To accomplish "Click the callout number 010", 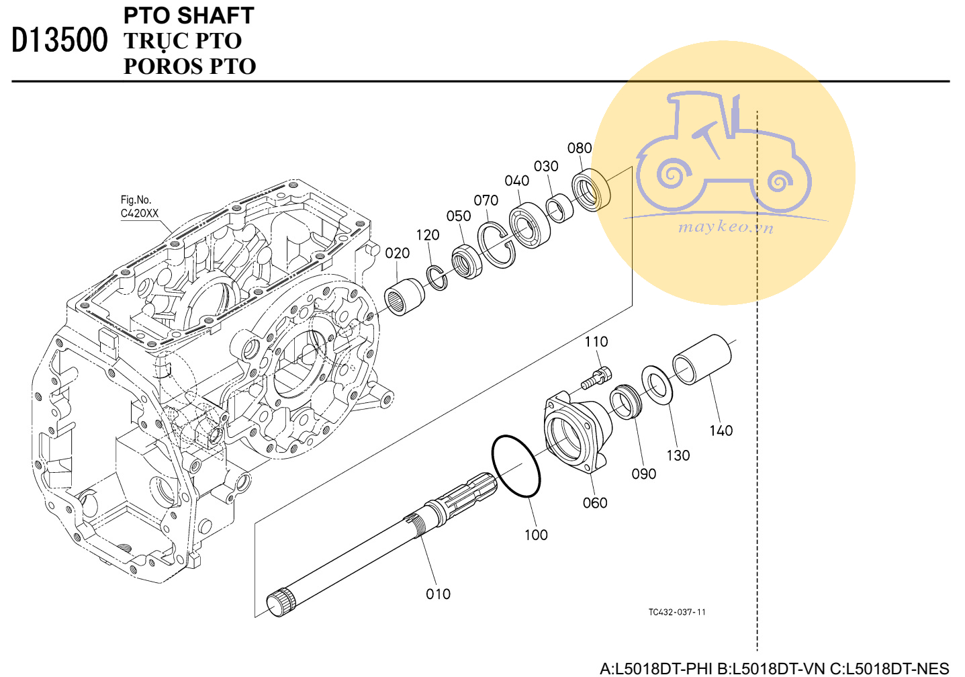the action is coord(438,594).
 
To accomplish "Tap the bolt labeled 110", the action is coord(596,377).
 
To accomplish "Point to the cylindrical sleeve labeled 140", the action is coord(702,359).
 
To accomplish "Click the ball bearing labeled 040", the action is coord(529,226).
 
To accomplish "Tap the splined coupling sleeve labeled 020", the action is coord(404,296).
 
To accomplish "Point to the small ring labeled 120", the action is coord(436,278).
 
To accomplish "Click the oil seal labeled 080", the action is coord(592,189).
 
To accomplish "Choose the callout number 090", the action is coord(643,473).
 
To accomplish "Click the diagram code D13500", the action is coord(60,40).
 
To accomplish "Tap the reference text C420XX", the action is coord(140,213).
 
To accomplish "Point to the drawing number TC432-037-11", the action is coord(677,612).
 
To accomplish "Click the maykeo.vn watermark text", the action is coord(726,227).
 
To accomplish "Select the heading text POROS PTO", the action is coord(189,66).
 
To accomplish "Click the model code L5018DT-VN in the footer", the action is coord(771,668).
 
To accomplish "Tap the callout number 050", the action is coord(459,216).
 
